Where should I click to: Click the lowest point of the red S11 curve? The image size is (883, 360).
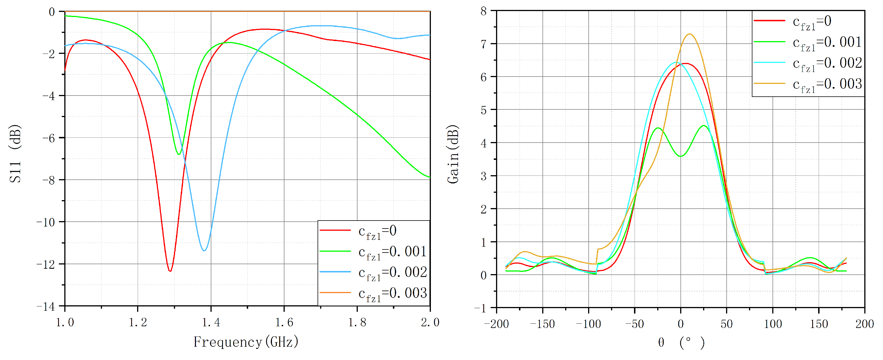pos(170,271)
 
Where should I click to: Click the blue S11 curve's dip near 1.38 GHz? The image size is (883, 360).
pos(204,251)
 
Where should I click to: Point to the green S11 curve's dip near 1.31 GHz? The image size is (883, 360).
pos(178,154)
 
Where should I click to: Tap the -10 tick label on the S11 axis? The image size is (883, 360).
pos(46,222)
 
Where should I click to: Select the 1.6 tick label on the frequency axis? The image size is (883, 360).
pos(284,323)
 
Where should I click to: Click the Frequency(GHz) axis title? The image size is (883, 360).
pos(246,342)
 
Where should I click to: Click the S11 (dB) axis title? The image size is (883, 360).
pos(15,154)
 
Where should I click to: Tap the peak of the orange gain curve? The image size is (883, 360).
pos(690,34)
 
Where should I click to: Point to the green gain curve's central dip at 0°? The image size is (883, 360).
pos(680,156)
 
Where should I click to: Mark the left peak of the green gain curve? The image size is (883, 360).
pos(658,128)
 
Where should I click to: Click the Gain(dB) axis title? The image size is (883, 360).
pos(453,154)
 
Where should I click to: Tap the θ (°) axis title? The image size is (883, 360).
pos(680,342)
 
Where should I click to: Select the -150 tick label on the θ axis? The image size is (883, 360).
pos(542,324)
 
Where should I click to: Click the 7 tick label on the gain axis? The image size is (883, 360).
pos(484,44)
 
